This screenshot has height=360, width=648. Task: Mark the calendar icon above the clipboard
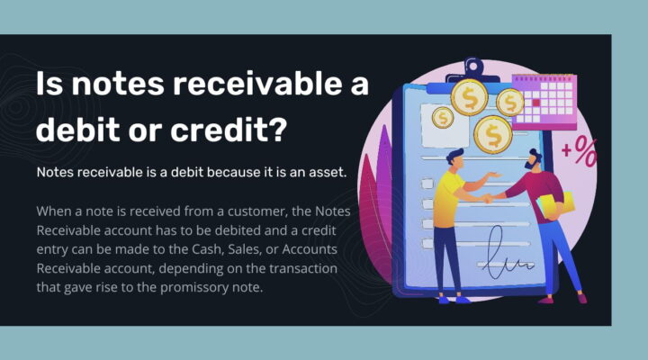tap(544, 102)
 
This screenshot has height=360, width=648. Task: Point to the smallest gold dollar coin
tap(442, 117)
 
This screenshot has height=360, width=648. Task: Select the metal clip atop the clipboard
tap(473, 69)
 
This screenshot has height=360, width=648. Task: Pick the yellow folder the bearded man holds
tap(546, 209)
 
